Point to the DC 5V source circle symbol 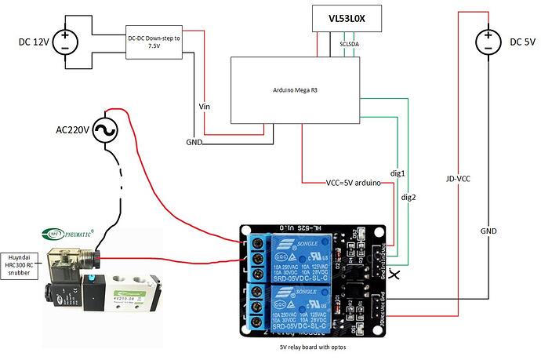tap(488, 40)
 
